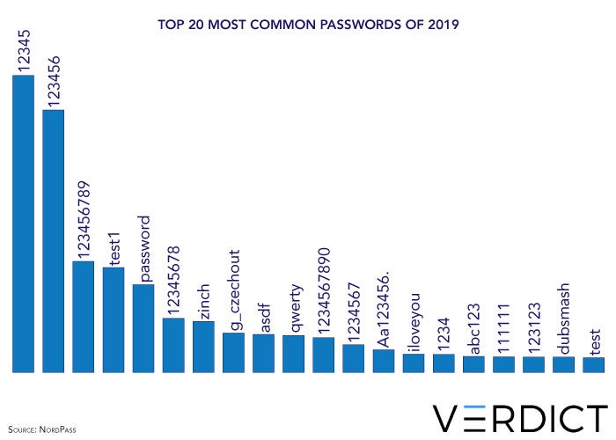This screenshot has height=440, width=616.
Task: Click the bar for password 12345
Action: [23, 224]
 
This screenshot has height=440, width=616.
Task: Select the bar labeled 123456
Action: [53, 242]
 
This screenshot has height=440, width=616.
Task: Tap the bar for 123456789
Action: [83, 317]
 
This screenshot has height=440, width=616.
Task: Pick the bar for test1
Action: [114, 320]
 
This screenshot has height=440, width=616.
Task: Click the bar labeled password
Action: [143, 328]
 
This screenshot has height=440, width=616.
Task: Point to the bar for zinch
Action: [203, 347]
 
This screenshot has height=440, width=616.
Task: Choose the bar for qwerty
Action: [293, 354]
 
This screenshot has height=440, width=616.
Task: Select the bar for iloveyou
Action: [414, 363]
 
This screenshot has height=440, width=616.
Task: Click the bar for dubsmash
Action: [563, 364]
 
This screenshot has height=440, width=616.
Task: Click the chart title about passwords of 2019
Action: [308, 25]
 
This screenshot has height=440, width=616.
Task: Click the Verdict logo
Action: [519, 417]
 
